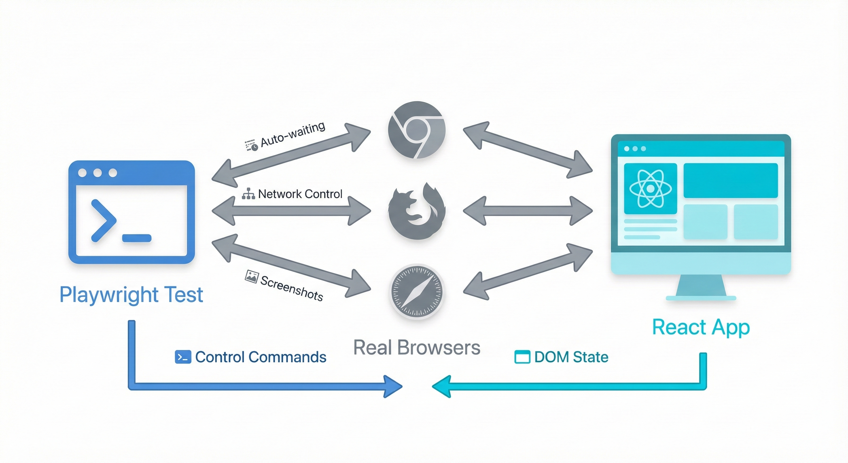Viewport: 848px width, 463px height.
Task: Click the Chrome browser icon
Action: tap(417, 130)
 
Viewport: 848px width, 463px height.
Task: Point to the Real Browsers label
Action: tap(417, 347)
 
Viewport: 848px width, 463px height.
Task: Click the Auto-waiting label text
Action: tap(293, 134)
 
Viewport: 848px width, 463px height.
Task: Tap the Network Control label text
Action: tap(300, 194)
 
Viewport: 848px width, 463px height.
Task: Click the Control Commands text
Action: tap(260, 357)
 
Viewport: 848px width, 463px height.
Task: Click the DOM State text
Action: tap(571, 357)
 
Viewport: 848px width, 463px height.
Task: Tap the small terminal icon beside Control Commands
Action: tap(183, 357)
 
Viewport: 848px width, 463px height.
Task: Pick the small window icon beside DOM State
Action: tap(522, 357)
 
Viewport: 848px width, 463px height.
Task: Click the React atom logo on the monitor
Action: tap(650, 188)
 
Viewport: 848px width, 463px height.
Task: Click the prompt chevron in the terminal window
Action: tap(104, 220)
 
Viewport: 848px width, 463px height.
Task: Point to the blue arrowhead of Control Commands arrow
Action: tap(393, 386)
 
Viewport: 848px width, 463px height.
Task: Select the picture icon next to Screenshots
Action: tap(251, 276)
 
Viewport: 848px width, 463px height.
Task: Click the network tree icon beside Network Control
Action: tap(248, 194)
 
